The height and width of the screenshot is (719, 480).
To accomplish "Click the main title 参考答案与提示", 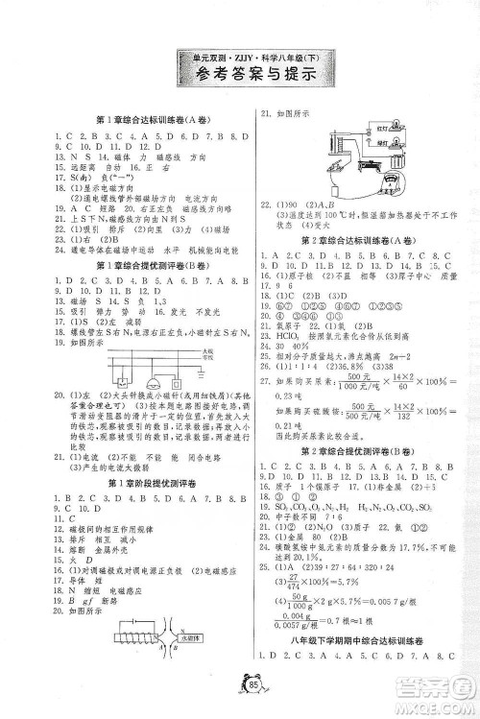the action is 240,79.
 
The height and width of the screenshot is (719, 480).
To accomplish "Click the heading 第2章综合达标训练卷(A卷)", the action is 360,240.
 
